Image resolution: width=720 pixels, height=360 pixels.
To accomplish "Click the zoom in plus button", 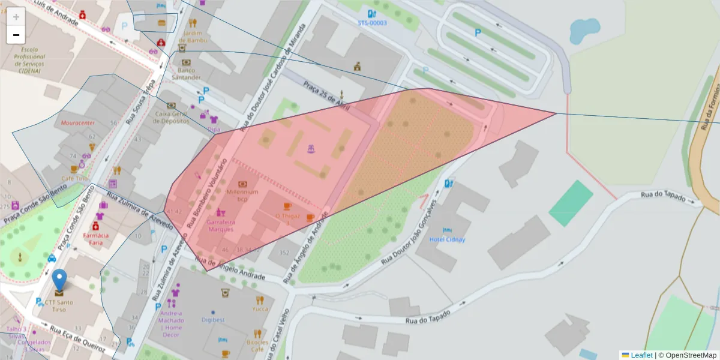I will [x=16, y=16].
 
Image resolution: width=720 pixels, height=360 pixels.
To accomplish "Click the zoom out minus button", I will [x=16, y=35].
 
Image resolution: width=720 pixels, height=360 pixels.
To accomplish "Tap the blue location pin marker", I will [x=59, y=281].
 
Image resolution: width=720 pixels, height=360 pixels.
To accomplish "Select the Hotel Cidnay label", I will [x=447, y=239].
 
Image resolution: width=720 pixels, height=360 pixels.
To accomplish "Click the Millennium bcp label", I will [x=242, y=195].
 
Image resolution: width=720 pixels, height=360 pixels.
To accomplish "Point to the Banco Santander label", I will [x=186, y=74].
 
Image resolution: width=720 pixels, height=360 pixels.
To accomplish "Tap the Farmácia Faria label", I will [x=96, y=239].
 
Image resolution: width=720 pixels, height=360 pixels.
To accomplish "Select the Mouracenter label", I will [x=78, y=122].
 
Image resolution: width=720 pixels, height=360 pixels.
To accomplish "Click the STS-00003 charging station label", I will [x=372, y=23].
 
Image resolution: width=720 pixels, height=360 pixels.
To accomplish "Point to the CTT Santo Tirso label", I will [x=59, y=305].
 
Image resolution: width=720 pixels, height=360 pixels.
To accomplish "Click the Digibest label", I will [x=212, y=320].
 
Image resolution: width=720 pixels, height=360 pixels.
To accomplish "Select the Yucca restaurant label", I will [x=260, y=309].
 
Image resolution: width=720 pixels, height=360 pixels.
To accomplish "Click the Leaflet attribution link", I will [x=641, y=355].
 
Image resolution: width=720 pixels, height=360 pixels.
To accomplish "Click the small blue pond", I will [x=580, y=31].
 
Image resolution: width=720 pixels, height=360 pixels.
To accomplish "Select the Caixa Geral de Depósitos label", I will [x=172, y=117].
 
